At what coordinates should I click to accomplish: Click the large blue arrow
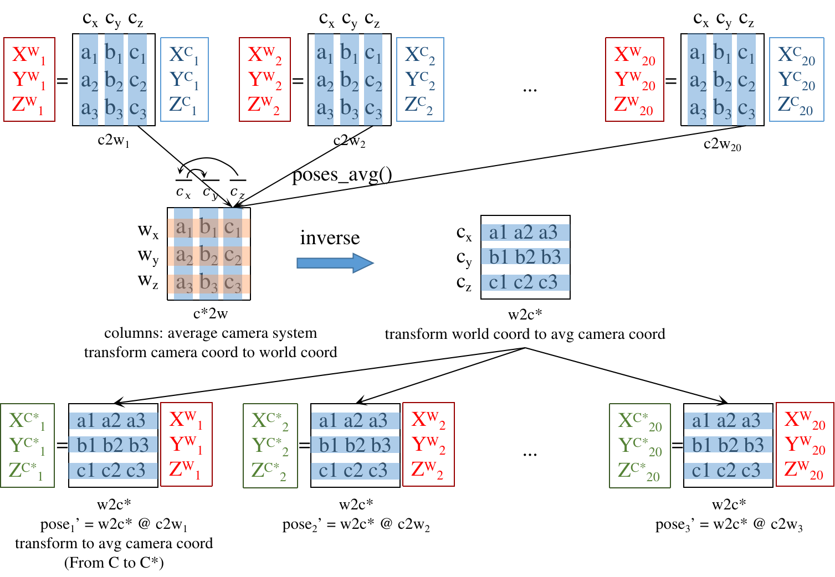(335, 263)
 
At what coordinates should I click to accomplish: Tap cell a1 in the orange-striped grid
(183, 228)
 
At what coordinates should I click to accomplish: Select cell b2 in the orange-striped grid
(209, 255)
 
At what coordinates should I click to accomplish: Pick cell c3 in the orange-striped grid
(233, 284)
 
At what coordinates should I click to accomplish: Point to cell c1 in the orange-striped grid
(233, 228)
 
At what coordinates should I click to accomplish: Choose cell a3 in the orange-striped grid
(183, 284)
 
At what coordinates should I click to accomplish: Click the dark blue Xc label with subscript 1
(184, 54)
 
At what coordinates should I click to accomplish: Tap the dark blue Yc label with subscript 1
(184, 80)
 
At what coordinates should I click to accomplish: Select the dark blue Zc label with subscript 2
(419, 105)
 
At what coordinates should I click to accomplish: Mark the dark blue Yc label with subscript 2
(419, 80)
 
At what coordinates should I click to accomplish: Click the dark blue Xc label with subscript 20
(796, 55)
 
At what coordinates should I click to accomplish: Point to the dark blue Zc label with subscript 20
(795, 105)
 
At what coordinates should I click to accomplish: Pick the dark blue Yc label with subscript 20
(796, 80)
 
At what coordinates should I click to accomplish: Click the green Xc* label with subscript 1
(27, 421)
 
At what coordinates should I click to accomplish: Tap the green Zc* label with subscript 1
(26, 471)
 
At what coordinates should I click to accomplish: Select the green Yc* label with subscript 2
(270, 446)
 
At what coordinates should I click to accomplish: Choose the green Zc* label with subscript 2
(269, 471)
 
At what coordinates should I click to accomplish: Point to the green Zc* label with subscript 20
(639, 471)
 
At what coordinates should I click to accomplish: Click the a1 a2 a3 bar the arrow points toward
(525, 233)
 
